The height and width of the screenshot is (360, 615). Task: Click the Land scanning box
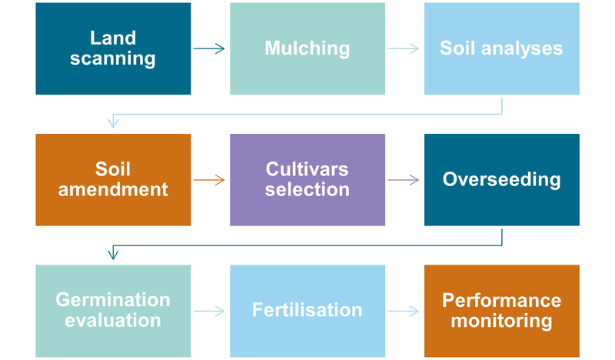point(112,48)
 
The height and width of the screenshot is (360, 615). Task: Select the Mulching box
point(307,48)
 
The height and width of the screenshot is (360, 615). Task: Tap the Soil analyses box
point(501,48)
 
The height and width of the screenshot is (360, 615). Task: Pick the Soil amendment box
point(112,179)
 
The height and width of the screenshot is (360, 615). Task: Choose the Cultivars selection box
point(307,179)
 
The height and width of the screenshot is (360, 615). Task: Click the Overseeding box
point(501,179)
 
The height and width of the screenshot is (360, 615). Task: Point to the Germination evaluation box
point(112,310)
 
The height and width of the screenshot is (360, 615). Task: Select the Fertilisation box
point(307,310)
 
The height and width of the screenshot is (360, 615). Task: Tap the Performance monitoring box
point(501,310)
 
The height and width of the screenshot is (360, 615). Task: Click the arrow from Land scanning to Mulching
point(209,49)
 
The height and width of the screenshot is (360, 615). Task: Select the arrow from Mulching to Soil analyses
point(404,49)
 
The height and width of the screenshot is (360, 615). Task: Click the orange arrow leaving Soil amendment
point(209,181)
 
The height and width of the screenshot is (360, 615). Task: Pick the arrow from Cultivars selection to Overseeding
point(404,181)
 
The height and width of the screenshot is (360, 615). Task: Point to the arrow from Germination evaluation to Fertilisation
point(209,312)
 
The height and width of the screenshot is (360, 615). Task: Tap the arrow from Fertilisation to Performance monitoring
point(404,312)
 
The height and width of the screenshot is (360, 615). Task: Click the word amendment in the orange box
point(112,189)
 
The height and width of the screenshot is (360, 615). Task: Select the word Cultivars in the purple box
point(307,168)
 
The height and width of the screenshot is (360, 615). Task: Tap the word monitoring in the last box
point(501,320)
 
